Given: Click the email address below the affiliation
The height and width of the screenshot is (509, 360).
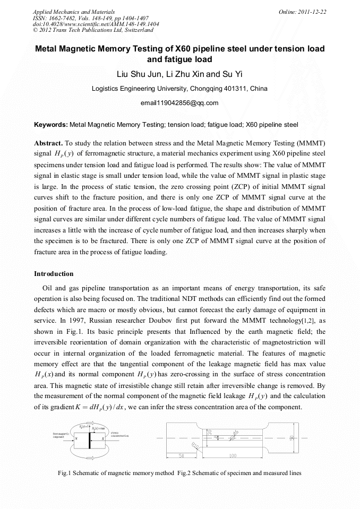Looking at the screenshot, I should (x=179, y=103).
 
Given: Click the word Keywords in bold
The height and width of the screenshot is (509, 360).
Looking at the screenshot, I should (x=50, y=125).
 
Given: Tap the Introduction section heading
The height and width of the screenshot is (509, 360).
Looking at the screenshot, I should (x=54, y=274).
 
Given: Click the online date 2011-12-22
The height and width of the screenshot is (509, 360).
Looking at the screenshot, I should (x=312, y=12).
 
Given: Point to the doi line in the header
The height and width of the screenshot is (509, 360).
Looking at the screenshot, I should (x=96, y=24).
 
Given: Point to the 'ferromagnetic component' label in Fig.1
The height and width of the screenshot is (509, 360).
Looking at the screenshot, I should (x=61, y=435).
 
